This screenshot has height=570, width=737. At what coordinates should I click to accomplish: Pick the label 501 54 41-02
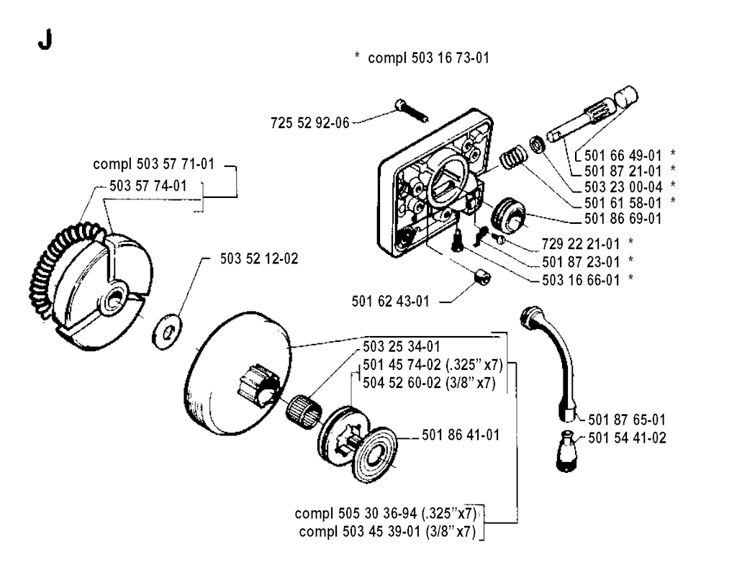click(x=626, y=437)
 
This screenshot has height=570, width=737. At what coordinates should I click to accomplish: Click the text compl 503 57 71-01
click(x=154, y=164)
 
